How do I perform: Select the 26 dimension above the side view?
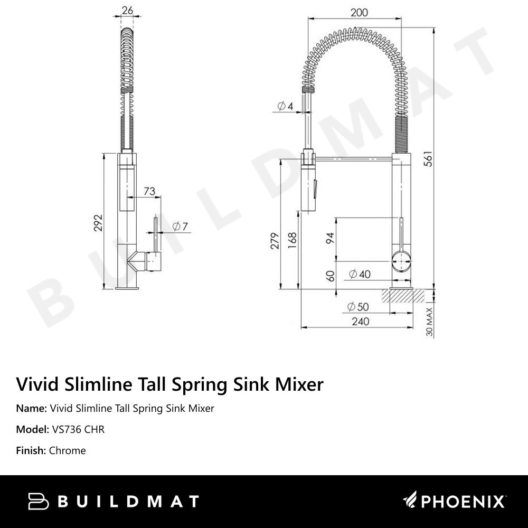127,11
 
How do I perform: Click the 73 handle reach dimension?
149,191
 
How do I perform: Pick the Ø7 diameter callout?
180,227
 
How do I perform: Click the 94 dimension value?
331,237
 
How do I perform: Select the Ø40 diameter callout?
360,274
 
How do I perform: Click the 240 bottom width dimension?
360,321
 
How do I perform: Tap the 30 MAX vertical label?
429,322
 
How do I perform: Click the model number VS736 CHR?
78,429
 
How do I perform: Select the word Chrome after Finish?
67,450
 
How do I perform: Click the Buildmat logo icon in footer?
38,501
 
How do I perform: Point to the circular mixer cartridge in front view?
402,262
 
